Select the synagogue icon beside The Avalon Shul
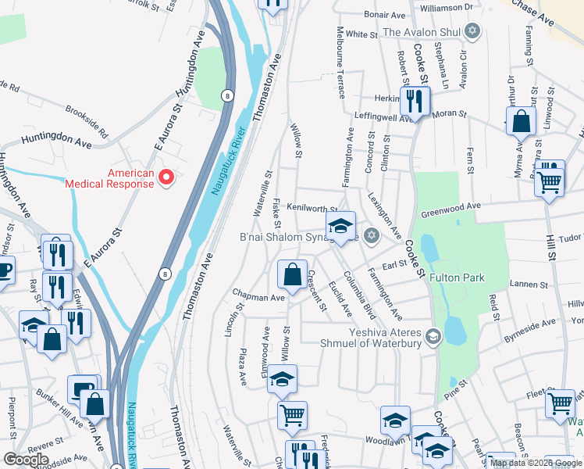pos(471,32)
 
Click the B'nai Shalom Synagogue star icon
pos(372,235)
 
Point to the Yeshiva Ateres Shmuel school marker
pos(434,336)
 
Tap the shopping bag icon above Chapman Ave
pos(292,275)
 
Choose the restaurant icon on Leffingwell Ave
pos(414,101)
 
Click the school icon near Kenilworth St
pos(340,227)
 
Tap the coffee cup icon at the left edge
pos(4,272)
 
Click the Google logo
pos(26,460)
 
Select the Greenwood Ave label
pos(451,209)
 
